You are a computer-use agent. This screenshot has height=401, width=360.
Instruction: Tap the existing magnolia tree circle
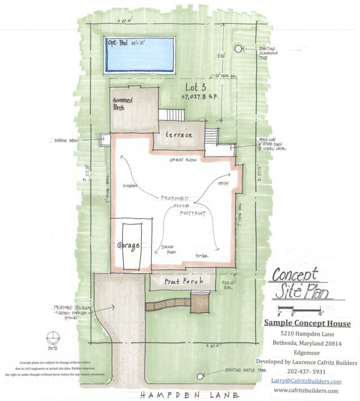click(x=239, y=48)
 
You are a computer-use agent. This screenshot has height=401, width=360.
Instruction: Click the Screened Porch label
click(x=123, y=104)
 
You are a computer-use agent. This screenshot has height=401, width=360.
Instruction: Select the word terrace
click(x=179, y=135)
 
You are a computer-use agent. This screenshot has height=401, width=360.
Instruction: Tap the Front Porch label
click(x=184, y=281)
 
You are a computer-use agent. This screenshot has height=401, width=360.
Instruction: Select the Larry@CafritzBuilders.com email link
click(x=306, y=381)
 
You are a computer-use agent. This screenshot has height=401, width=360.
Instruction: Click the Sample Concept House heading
click(x=307, y=323)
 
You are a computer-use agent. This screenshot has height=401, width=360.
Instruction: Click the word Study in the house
click(x=223, y=184)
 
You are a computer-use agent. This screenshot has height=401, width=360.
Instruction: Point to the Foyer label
click(x=202, y=256)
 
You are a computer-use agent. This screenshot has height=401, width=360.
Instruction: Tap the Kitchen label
click(x=130, y=186)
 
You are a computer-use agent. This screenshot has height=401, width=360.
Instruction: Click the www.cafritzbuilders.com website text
click(x=306, y=390)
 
